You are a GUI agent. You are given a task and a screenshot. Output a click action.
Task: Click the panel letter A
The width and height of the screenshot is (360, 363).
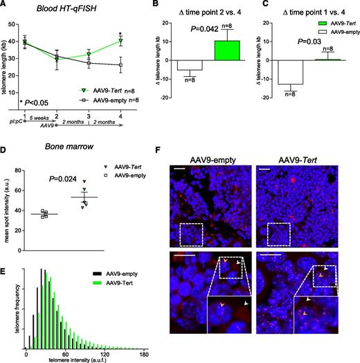click(6, 6)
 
